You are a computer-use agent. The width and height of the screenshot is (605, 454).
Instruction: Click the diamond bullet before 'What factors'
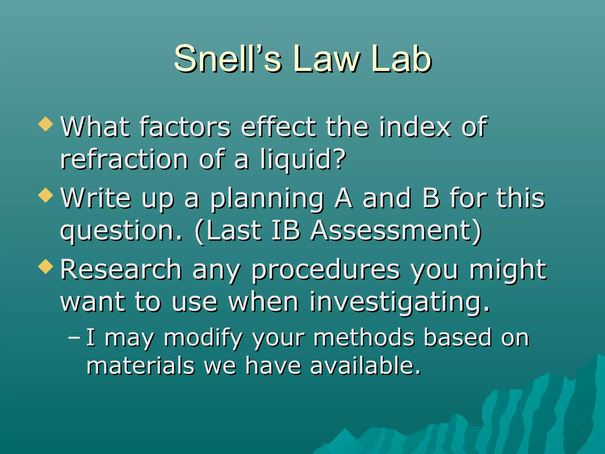46,124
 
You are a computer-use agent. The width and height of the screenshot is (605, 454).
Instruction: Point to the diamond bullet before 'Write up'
46,195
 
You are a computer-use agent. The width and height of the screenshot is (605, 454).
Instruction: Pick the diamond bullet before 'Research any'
46,266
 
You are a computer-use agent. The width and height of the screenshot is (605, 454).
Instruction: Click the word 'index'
415,127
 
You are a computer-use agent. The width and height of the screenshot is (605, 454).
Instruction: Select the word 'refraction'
124,160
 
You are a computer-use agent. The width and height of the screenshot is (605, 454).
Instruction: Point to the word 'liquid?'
303,160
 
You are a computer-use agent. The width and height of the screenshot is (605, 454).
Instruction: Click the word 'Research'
121,270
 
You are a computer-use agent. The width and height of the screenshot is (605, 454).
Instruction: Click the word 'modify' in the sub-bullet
203,338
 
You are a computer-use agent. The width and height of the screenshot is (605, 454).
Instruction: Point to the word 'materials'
140,366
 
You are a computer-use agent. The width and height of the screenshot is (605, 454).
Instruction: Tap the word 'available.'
365,366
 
